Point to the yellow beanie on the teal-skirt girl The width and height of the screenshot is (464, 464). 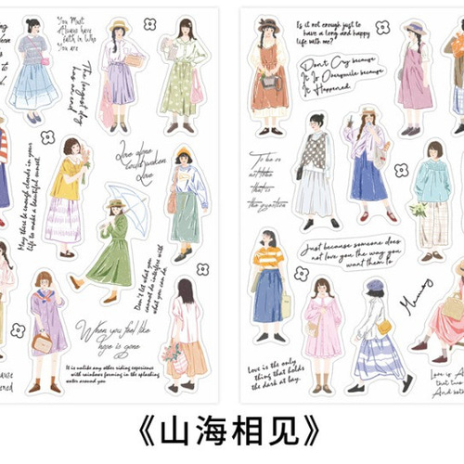(x=184, y=151)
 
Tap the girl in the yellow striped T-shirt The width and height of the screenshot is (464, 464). (x=270, y=288)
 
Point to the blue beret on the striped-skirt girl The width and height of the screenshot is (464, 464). (x=375, y=285)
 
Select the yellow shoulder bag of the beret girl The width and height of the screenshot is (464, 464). (x=383, y=327)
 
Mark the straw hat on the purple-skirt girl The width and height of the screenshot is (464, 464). (x=118, y=25)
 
